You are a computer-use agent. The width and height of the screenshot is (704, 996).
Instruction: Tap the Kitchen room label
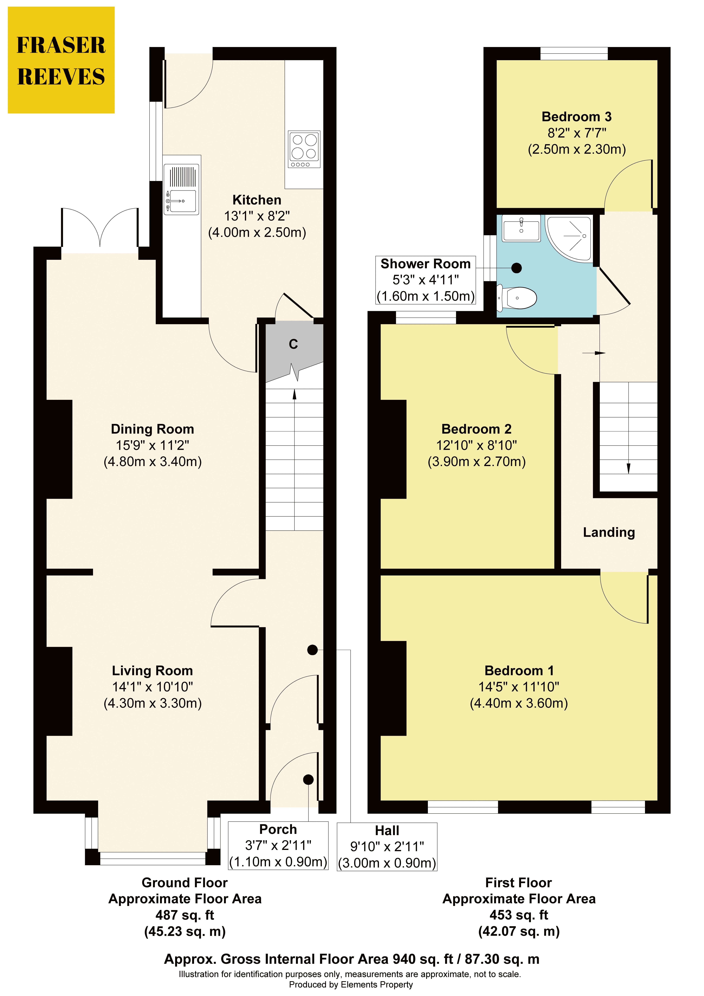pyautogui.click(x=257, y=200)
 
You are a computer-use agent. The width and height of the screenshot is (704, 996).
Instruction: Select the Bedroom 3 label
pyautogui.click(x=577, y=117)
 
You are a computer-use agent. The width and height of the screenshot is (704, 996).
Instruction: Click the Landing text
pyautogui.click(x=609, y=532)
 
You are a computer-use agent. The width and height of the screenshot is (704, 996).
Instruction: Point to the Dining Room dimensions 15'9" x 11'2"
pyautogui.click(x=152, y=445)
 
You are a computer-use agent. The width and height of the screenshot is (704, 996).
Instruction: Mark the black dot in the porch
pyautogui.click(x=308, y=780)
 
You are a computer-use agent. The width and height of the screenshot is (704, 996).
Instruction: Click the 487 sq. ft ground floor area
pyautogui.click(x=185, y=915)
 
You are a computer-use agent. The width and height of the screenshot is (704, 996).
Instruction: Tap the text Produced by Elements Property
pyautogui.click(x=351, y=985)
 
